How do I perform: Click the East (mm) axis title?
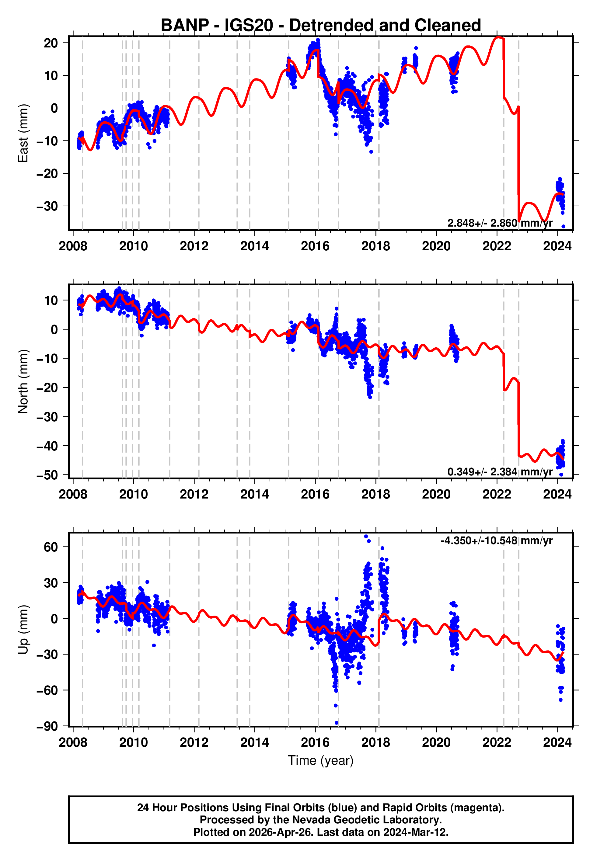pos(23,133)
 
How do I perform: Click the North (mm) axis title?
pos(23,381)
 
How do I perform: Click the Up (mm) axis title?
pos(23,630)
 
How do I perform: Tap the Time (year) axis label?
pos(321,760)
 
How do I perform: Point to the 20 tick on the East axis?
pos(51,43)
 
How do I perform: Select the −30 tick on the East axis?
pos(47,206)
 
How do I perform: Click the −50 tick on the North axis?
pos(47,475)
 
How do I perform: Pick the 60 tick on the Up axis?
pos(51,547)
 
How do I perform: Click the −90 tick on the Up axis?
pos(47,726)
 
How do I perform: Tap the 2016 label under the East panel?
pos(315,246)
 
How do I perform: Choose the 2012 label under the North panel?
pos(194,495)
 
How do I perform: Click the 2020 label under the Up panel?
pos(436,742)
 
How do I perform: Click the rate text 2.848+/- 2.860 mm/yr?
pos(500,223)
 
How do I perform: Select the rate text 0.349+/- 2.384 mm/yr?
pos(500,472)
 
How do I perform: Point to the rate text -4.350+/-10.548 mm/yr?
pos(496,541)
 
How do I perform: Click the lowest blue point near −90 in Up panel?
pos(337,723)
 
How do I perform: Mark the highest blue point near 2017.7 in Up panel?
pos(366,537)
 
